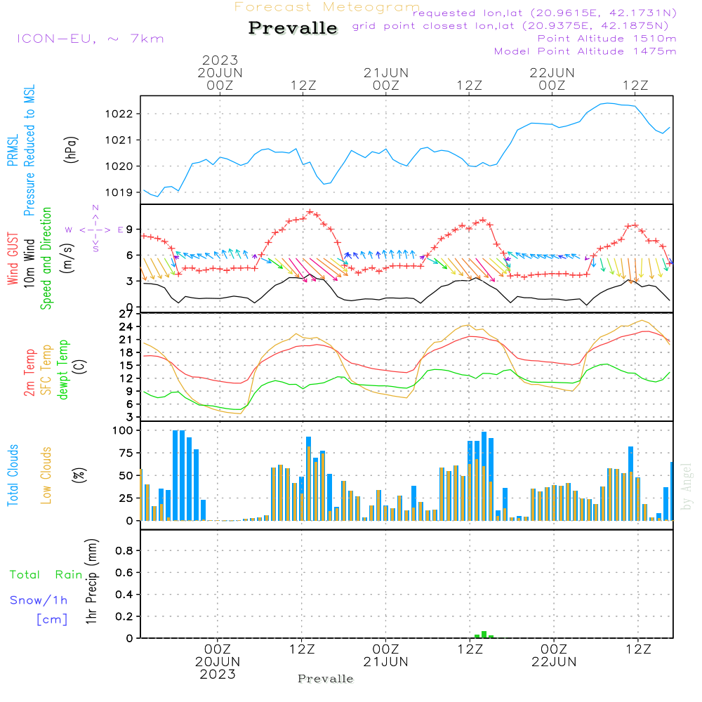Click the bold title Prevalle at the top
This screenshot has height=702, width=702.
[x=293, y=29]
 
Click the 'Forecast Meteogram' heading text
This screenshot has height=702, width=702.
[x=327, y=7]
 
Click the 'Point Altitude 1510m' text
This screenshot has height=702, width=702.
[x=607, y=39]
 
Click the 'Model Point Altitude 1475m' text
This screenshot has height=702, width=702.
[x=585, y=51]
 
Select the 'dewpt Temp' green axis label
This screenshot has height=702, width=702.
[x=63, y=369]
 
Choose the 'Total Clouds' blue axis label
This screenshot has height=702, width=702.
[x=13, y=475]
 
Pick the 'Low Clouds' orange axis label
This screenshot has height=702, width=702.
[x=46, y=475]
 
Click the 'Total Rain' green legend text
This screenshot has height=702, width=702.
[x=46, y=574]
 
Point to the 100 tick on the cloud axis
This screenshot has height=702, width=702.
[x=123, y=430]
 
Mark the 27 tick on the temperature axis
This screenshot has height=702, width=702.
[x=127, y=314]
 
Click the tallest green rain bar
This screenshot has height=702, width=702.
[x=484, y=635]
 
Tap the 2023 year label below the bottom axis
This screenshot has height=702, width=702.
[x=218, y=674]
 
